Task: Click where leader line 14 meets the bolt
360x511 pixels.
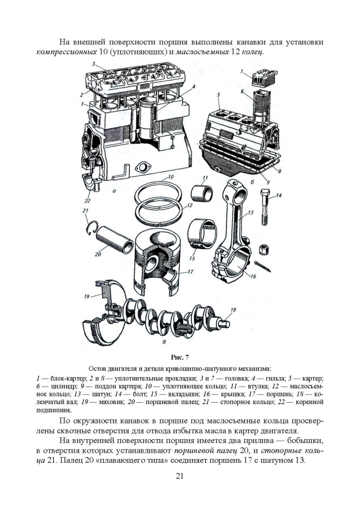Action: tap(268, 198)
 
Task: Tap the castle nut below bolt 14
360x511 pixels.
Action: tap(263, 250)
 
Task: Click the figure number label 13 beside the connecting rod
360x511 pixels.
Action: tap(250, 213)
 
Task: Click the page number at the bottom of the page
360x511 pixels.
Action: tap(180, 476)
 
